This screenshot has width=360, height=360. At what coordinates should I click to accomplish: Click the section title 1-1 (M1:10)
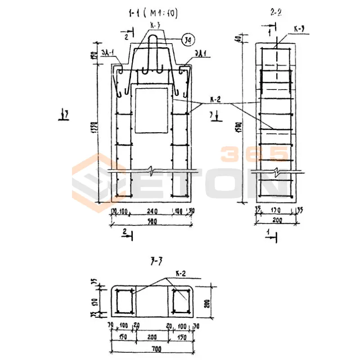point(152,14)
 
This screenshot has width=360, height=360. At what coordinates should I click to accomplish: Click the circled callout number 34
point(188,40)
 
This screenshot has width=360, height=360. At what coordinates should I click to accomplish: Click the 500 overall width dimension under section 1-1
point(152,220)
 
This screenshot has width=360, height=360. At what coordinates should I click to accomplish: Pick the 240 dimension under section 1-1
point(152,210)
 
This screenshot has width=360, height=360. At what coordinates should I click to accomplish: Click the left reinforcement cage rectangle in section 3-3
point(124,302)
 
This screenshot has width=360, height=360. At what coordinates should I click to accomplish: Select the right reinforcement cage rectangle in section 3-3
point(181,302)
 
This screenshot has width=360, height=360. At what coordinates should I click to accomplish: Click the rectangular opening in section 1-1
point(152,110)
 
